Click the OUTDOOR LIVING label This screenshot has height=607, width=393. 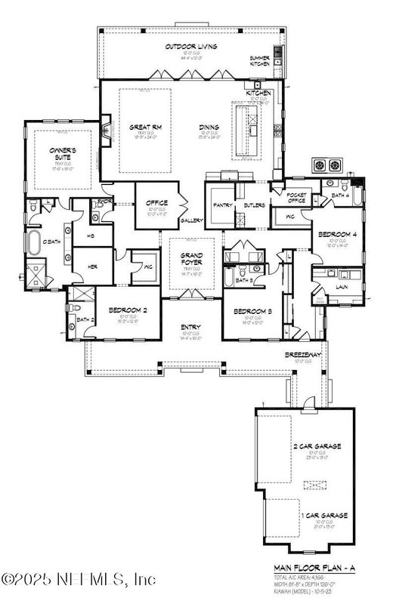tap(191, 47)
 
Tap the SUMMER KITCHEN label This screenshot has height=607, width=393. tap(260, 61)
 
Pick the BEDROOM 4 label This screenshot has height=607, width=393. tap(333, 234)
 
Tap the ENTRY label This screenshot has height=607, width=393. tap(190, 326)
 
